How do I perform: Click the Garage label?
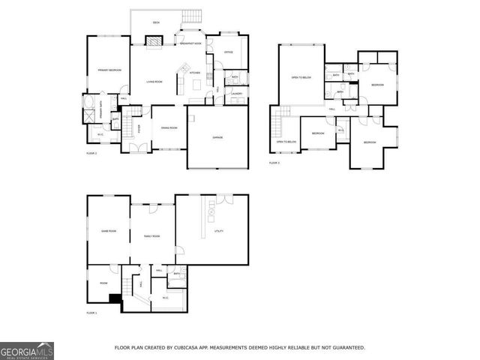[x=217, y=137]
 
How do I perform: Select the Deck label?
[x=156, y=22]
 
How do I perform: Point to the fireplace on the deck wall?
[x=153, y=43]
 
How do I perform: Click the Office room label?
[x=228, y=52]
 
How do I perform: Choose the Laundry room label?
[x=236, y=94]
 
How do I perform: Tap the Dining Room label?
[x=169, y=127]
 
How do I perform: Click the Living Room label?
[x=154, y=81]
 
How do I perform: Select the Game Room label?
[x=108, y=231]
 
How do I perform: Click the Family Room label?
[x=151, y=236]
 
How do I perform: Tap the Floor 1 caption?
[x=91, y=312]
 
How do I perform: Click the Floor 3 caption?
[x=274, y=162]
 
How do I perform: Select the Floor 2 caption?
[x=91, y=153]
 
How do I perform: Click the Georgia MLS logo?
[x=27, y=350]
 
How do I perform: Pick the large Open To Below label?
[x=301, y=77]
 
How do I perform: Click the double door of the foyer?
[x=138, y=148]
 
